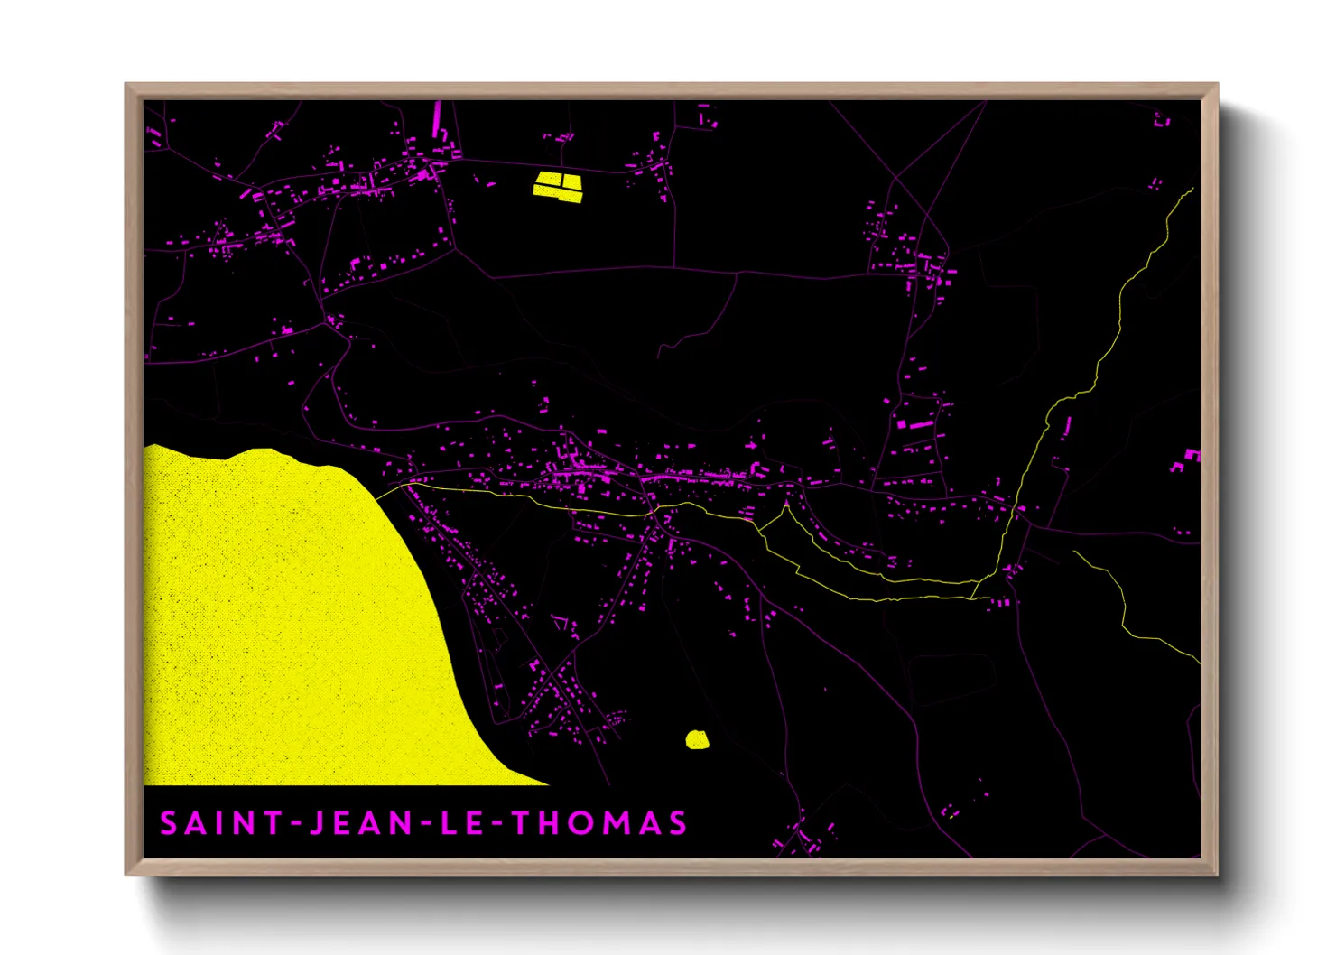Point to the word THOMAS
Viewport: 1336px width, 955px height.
(599, 823)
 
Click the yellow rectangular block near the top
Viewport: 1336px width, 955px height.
(558, 185)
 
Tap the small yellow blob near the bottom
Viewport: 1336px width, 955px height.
(697, 740)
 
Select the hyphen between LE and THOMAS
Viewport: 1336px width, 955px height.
(498, 823)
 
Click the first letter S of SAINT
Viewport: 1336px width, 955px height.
(169, 823)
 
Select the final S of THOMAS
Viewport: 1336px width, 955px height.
(678, 823)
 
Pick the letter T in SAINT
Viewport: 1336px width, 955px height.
(273, 823)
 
